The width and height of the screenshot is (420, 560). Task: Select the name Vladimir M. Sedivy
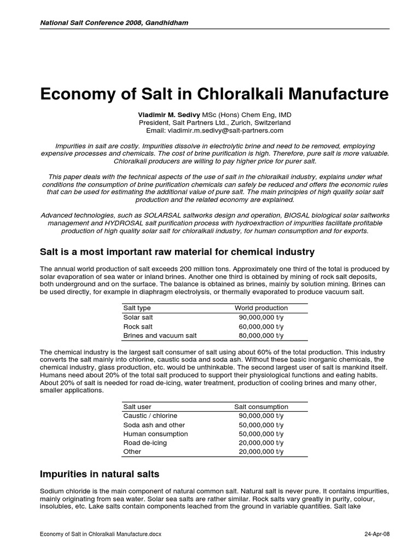click(x=168, y=115)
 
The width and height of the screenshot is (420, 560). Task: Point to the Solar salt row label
click(x=137, y=317)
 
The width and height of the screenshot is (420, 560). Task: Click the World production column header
click(x=261, y=308)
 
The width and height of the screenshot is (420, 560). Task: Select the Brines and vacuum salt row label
click(x=160, y=335)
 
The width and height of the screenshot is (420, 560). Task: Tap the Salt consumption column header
click(x=261, y=407)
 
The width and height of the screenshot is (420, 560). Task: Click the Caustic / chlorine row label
click(x=150, y=416)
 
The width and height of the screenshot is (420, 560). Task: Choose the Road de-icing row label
click(x=145, y=442)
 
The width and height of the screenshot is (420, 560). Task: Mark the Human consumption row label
click(x=156, y=434)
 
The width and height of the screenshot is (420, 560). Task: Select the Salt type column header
click(x=137, y=308)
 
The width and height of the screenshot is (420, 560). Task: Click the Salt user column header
click(x=138, y=407)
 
